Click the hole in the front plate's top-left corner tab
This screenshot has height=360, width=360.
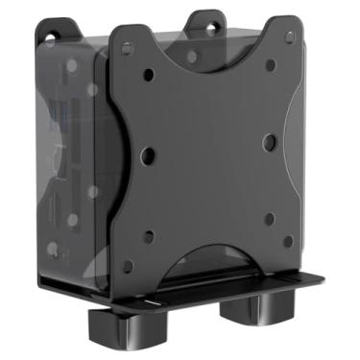click(126, 43)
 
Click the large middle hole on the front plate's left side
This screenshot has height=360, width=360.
click(146, 152)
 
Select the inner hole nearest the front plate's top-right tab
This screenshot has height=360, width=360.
click(270, 65)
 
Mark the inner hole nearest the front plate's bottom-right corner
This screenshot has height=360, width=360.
click(269, 218)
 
